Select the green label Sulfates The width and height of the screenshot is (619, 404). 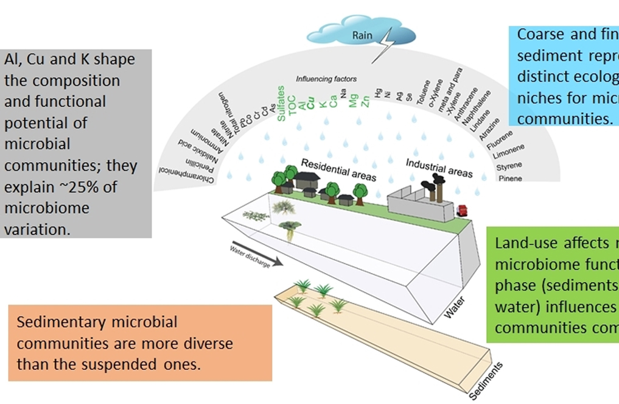(x=281, y=104)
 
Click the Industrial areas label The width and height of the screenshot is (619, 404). (x=439, y=168)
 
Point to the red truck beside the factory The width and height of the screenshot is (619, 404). (x=463, y=211)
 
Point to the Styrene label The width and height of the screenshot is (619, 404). (x=509, y=166)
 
